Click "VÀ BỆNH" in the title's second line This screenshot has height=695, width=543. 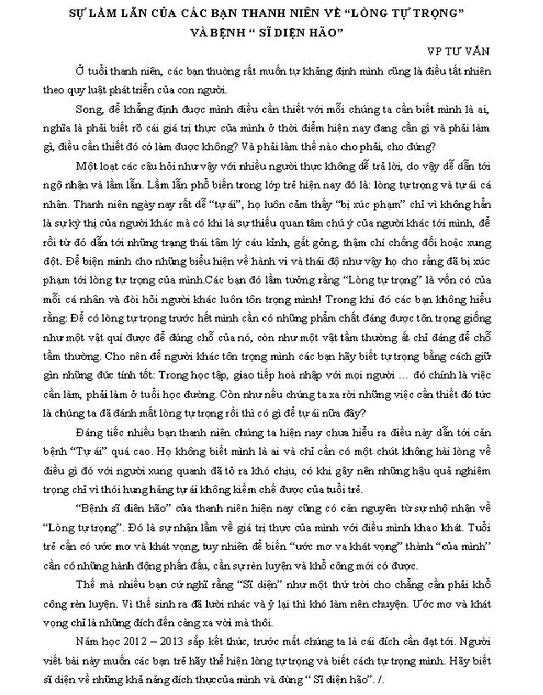222,34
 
